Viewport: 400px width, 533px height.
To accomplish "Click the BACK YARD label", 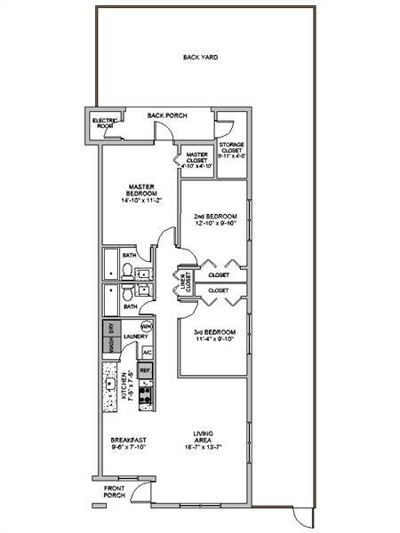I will (200, 57).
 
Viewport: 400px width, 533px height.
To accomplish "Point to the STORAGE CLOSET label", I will (232, 150).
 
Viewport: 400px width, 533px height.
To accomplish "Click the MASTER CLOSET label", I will (196, 158).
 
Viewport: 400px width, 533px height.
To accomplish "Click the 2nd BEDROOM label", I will (213, 217).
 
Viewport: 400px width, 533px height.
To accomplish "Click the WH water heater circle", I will (147, 326).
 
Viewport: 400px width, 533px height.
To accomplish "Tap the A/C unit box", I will (148, 352).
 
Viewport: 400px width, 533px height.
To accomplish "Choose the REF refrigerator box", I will (146, 370).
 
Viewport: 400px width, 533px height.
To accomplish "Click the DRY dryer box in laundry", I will (111, 328).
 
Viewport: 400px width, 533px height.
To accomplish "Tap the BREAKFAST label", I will (128, 441).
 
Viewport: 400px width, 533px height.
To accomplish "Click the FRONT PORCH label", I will (115, 490).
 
